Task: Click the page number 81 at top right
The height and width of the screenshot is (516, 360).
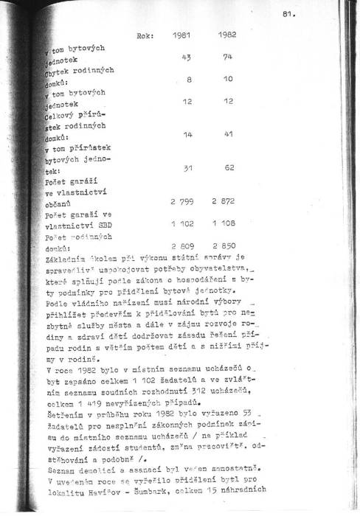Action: click(x=288, y=14)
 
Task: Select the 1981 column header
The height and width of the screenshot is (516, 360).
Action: click(x=182, y=35)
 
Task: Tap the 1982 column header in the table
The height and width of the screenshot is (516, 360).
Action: click(x=226, y=35)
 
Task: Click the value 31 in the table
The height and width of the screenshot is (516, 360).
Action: click(x=187, y=168)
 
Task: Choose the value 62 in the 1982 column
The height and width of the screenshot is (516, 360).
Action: click(x=229, y=168)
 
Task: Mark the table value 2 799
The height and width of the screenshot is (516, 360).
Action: click(x=183, y=201)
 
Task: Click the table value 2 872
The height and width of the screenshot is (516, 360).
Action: click(x=226, y=201)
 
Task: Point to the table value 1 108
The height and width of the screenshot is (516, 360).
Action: click(x=227, y=223)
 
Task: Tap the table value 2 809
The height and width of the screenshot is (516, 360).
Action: click(x=183, y=244)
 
